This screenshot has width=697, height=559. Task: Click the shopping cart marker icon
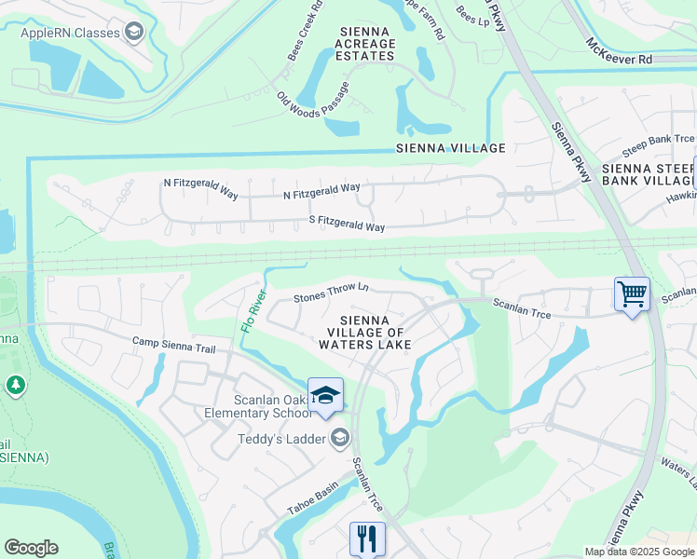[x=632, y=295]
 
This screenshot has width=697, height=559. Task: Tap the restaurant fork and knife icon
[x=367, y=538]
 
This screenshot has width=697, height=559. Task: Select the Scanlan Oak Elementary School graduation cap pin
[x=326, y=395]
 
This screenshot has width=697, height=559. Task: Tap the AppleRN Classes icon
[x=135, y=34]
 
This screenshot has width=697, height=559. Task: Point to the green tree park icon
[x=15, y=385]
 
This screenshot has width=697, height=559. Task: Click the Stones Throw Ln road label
[x=331, y=293]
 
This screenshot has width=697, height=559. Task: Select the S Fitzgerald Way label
[x=347, y=225]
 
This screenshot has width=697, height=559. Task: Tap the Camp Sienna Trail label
[x=174, y=347]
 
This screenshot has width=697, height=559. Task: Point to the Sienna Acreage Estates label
[x=364, y=44]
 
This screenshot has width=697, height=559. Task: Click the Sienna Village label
[x=451, y=148]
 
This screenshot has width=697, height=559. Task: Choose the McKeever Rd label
[x=619, y=51]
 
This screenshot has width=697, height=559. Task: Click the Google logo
[x=31, y=548]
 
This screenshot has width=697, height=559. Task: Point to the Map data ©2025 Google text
[x=639, y=552]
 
